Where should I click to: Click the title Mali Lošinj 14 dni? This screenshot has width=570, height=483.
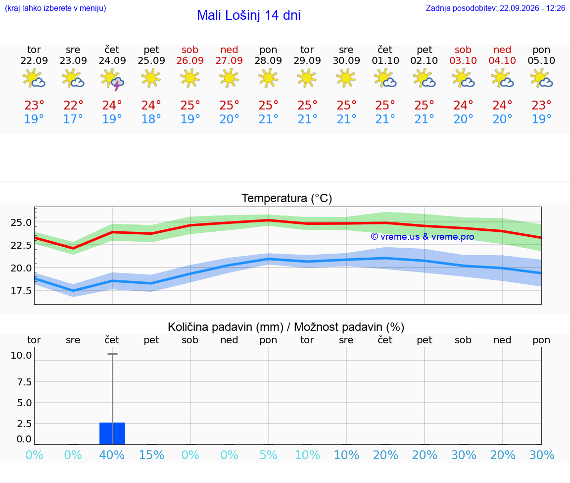point(249,15)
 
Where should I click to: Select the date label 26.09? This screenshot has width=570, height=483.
point(190,60)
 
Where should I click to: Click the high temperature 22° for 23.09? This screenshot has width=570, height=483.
point(73,105)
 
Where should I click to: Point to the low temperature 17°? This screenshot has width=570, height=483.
point(73,119)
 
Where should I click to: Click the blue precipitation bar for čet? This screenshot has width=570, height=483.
point(112,433)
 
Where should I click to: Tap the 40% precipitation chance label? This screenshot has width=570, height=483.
point(112,455)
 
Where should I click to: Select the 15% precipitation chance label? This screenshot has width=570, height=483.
point(151,455)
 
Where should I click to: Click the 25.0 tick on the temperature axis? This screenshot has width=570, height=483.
point(21,222)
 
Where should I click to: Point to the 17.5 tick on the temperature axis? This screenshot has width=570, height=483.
point(21,290)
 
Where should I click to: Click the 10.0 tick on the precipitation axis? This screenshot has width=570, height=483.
point(21,355)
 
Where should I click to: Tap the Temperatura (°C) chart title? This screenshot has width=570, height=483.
point(287,198)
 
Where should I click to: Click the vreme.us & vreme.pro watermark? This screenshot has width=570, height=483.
point(423,237)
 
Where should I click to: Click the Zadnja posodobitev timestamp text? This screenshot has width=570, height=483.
point(495,8)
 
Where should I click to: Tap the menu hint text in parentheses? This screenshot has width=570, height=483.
point(55,8)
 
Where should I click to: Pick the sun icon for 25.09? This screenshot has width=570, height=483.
point(151,78)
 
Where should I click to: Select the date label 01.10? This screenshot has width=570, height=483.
point(385,60)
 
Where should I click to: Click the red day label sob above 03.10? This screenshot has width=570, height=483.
point(463,50)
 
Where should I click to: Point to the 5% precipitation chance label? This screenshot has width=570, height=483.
point(268,455)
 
